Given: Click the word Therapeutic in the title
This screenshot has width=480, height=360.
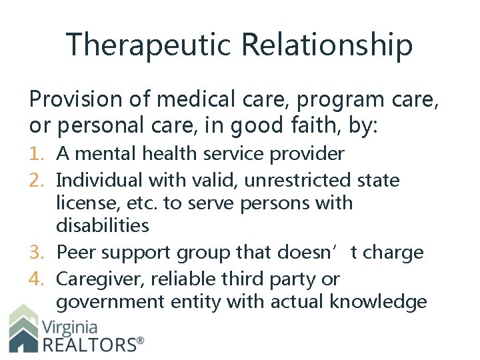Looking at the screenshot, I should pos(148,45).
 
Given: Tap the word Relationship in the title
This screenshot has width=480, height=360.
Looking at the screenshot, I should pos(327,45).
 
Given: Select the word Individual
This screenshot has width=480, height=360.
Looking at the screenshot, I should pos(99,180).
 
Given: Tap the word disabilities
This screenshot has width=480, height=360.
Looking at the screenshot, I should pos(103,225).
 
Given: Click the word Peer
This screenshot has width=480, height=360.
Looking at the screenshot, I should pos(74,253).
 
